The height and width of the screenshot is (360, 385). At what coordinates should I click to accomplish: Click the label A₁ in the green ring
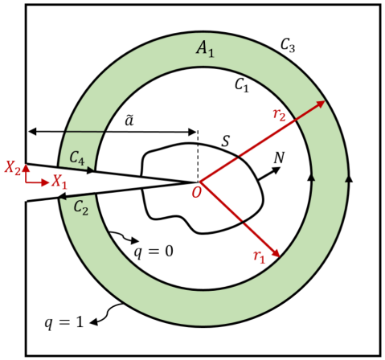pyautogui.click(x=206, y=50)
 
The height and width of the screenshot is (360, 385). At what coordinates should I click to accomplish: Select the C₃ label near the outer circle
pyautogui.click(x=287, y=46)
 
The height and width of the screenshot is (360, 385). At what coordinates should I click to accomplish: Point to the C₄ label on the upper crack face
pyautogui.click(x=78, y=157)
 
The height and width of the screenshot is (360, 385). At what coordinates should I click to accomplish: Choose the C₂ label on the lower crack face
pyautogui.click(x=80, y=207)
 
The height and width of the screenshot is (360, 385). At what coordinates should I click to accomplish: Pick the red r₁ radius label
pyautogui.click(x=258, y=257)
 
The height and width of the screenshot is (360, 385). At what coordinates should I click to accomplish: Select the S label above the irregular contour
pyautogui.click(x=226, y=141)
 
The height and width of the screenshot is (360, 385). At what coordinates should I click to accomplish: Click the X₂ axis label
pyautogui.click(x=12, y=167)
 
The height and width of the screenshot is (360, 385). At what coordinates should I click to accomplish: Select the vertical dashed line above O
pyautogui.click(x=198, y=153)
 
